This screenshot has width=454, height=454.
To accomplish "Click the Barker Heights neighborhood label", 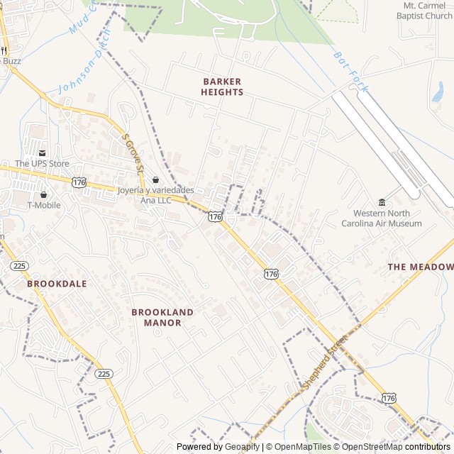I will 222,87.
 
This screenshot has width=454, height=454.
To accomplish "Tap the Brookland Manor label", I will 162,317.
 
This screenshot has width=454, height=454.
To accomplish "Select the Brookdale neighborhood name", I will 57,284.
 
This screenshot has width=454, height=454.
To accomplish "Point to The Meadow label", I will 420,267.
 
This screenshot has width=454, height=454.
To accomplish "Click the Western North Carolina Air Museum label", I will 382,218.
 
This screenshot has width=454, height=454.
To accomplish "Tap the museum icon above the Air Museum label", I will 382,202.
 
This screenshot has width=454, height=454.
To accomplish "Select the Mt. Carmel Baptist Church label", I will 424,11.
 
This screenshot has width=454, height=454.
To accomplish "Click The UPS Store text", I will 42,164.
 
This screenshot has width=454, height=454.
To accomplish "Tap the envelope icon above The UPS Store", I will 42,153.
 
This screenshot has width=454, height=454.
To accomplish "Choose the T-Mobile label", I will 44,206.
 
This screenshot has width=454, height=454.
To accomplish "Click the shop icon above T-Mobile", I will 44,194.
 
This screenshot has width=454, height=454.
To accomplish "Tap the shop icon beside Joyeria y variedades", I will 156,180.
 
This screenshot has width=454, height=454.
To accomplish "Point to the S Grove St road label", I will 133,153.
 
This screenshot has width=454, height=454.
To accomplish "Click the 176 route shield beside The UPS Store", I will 79,182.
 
